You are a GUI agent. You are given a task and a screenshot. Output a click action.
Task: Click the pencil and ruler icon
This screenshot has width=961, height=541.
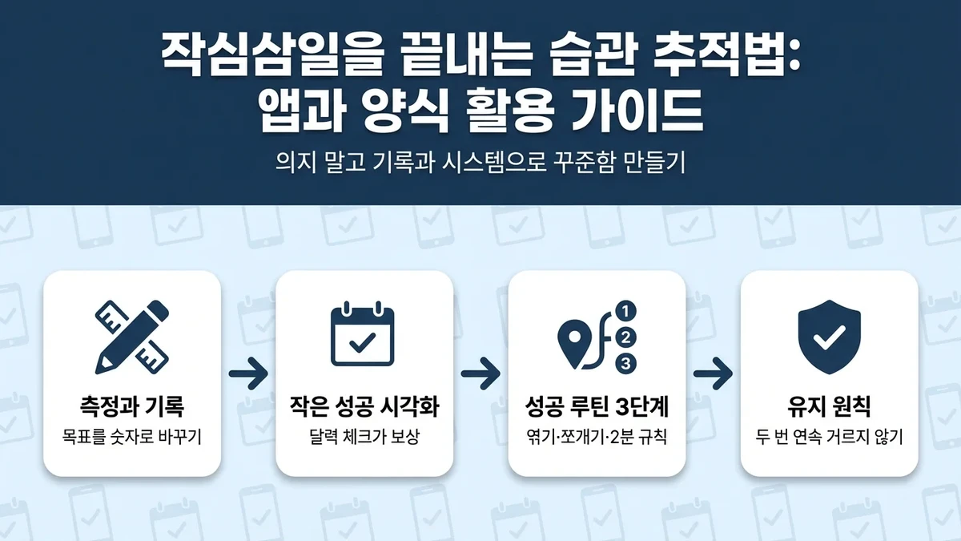coord(131,337)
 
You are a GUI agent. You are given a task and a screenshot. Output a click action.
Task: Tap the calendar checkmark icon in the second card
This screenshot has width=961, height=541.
coord(364,335)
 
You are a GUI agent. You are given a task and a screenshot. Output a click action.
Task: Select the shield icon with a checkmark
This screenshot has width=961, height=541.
coord(829,337)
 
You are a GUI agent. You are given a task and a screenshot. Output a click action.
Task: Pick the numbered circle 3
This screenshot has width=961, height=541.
coord(626,363)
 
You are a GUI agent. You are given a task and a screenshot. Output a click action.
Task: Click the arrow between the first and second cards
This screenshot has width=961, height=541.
coord(247,373)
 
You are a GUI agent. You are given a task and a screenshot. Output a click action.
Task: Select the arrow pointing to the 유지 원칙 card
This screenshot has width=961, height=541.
coord(713,373)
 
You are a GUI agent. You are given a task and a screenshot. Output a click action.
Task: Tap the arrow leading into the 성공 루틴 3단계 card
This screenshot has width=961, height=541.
coord(480,373)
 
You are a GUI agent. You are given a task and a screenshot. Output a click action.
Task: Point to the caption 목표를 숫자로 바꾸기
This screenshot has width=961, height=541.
coord(131,438)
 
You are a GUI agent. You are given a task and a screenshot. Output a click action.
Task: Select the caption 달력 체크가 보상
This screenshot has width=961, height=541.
coord(364,438)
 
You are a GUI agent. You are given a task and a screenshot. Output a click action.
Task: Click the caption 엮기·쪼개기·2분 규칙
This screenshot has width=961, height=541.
coord(597,438)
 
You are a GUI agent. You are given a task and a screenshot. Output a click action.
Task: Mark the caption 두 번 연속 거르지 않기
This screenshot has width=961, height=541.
coord(829,438)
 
